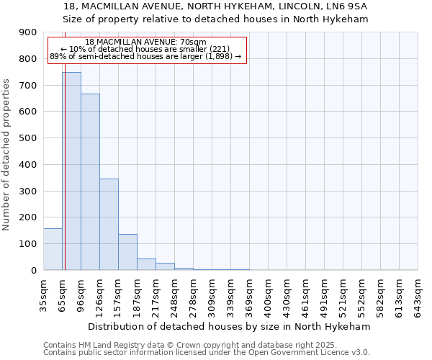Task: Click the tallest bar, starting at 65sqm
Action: (71, 171)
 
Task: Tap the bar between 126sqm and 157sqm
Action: (109, 224)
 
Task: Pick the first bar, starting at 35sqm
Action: (53, 249)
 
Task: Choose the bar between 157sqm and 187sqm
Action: (127, 252)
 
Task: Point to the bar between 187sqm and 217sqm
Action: (146, 264)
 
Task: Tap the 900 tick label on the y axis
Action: (28, 32)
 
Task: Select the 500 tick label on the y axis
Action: (28, 138)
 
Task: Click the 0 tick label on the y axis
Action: (34, 270)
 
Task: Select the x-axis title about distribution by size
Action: (230, 326)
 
